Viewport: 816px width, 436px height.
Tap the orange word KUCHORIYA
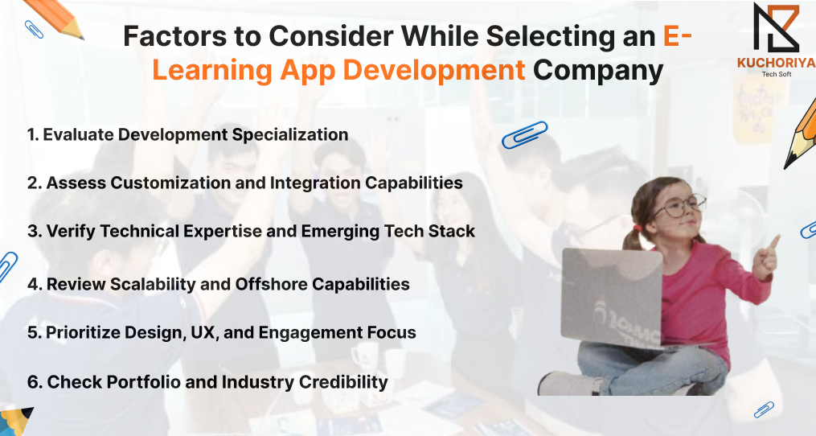point(777,63)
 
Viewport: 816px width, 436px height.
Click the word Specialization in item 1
point(290,135)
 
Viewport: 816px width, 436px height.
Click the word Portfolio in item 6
point(139,382)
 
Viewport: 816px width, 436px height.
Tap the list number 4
point(34,285)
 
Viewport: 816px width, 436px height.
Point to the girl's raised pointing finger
point(773,243)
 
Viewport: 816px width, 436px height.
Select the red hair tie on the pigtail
point(637,228)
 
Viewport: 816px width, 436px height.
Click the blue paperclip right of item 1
point(524,134)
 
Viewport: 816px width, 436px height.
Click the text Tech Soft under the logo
point(777,74)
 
